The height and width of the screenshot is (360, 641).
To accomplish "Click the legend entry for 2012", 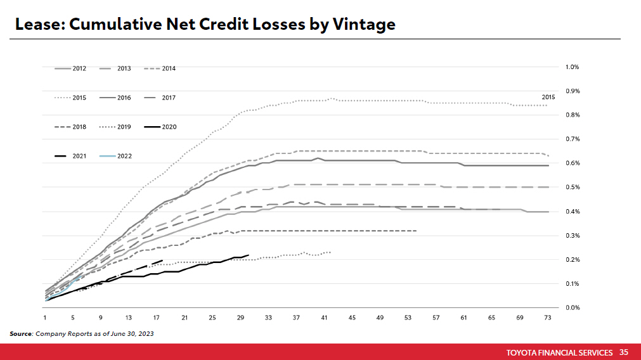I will (70, 68).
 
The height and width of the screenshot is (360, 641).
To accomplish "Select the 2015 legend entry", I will (70, 98).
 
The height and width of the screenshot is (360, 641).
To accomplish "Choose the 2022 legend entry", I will (115, 156).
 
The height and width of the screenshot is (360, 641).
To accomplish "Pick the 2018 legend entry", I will (70, 127).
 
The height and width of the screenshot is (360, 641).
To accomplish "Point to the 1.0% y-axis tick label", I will (572, 67).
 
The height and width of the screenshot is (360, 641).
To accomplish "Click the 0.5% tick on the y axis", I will (572, 188).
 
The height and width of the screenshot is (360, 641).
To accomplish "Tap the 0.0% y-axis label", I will (572, 308).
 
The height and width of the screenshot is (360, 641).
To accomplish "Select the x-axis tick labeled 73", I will (547, 317).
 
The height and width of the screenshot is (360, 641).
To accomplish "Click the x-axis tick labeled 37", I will (296, 317).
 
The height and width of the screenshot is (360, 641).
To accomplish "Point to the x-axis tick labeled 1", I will (45, 317).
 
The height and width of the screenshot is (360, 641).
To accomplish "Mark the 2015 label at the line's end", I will (548, 97).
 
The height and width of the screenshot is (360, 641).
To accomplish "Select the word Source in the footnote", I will (21, 333).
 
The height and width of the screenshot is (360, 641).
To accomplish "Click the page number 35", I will (624, 352).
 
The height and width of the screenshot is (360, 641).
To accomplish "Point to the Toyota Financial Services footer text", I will (560, 352).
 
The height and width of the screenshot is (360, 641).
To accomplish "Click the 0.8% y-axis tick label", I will (572, 115).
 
